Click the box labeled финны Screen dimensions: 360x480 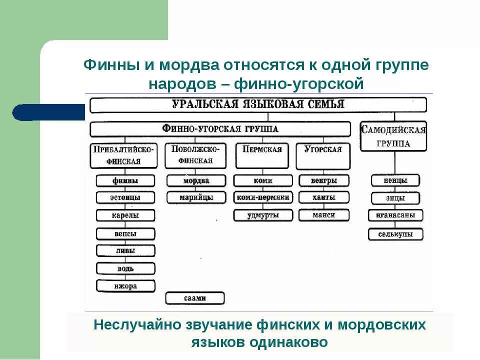[125, 180]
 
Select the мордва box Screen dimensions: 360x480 [195, 180]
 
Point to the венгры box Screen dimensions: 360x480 [324, 180]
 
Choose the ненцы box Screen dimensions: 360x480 [395, 180]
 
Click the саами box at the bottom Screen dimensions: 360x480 [195, 298]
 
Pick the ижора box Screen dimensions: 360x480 [125, 286]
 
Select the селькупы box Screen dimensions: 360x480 [395, 234]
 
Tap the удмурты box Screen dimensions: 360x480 [263, 215]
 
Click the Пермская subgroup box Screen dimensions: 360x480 [262, 155]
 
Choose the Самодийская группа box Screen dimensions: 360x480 [393, 136]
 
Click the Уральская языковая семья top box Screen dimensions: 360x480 [258, 104]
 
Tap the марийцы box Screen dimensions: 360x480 [195, 197]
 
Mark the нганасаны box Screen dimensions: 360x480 [395, 215]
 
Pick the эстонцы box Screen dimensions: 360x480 [125, 197]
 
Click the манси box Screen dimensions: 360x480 [324, 215]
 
